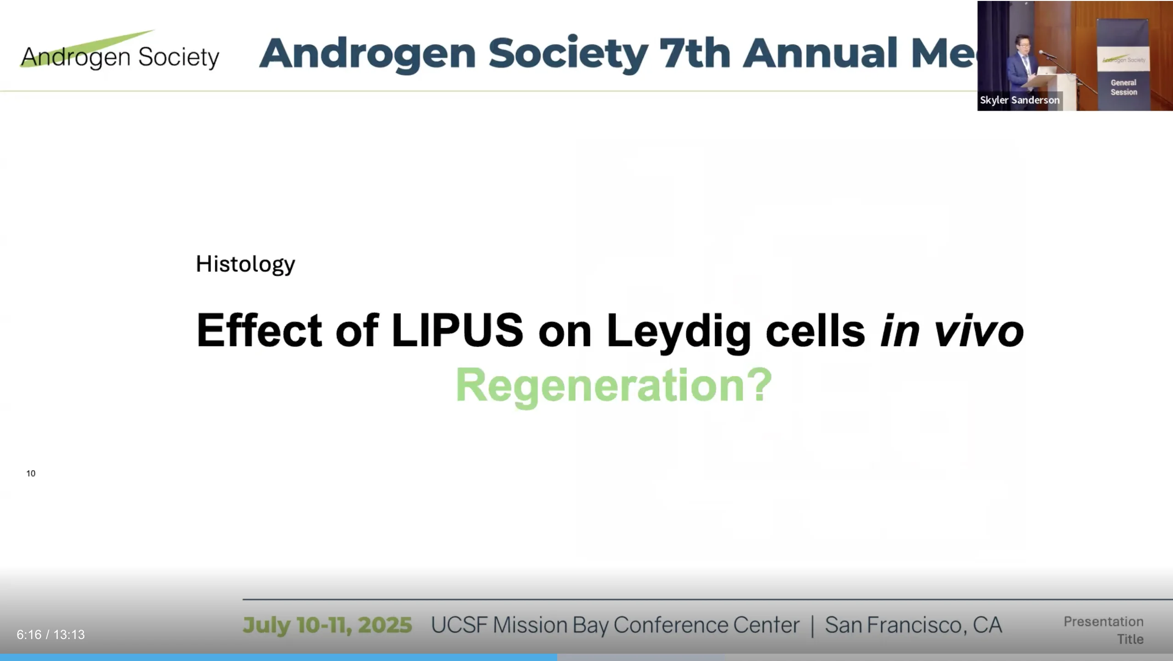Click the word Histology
(x=246, y=264)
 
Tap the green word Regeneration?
(x=614, y=386)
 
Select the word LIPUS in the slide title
(x=457, y=330)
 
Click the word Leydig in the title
(x=679, y=333)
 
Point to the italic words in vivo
(x=952, y=330)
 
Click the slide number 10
(x=31, y=474)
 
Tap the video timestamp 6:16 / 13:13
(x=51, y=634)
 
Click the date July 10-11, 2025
(x=327, y=625)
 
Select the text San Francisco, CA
(x=914, y=625)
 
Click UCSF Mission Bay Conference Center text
(x=615, y=625)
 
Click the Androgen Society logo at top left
(x=120, y=51)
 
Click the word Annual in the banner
(x=820, y=53)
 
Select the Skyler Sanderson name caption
(x=1020, y=100)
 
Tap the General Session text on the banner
(x=1124, y=88)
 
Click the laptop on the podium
(x=1047, y=71)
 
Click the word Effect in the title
(x=259, y=330)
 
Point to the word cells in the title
(x=815, y=330)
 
